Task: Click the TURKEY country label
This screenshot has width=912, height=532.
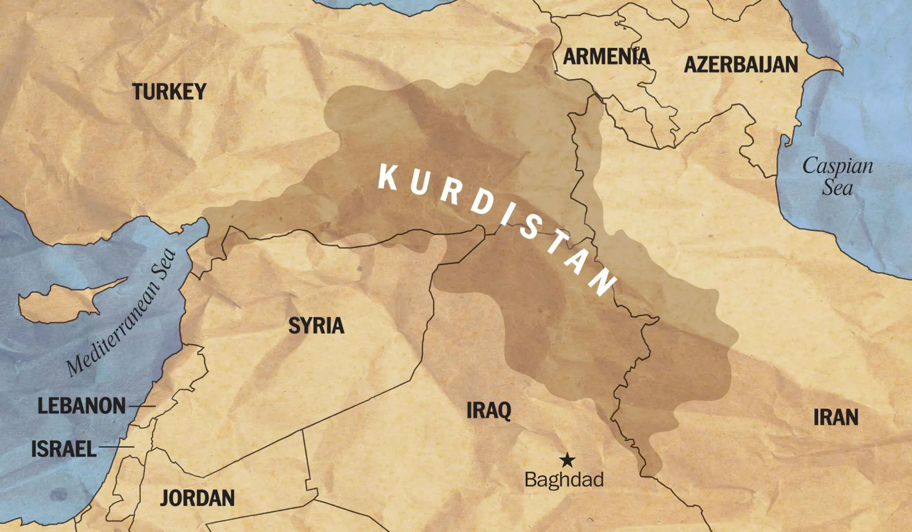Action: pyautogui.click(x=169, y=92)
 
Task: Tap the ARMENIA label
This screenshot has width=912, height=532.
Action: pyautogui.click(x=606, y=57)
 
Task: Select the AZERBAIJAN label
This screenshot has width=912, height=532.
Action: pyautogui.click(x=741, y=64)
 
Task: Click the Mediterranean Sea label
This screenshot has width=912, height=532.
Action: pyautogui.click(x=121, y=313)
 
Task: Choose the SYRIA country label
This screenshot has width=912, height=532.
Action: pyautogui.click(x=316, y=326)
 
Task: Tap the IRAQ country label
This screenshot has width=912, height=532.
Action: pyautogui.click(x=489, y=411)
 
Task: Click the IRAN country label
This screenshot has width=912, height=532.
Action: pyautogui.click(x=836, y=417)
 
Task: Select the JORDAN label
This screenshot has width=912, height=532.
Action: pyautogui.click(x=197, y=498)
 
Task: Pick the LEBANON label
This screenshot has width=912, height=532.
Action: pyautogui.click(x=81, y=406)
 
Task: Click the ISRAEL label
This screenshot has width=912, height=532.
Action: pyautogui.click(x=64, y=449)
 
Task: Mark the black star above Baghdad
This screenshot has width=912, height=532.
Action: pyautogui.click(x=567, y=460)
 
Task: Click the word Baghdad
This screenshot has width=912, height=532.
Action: pyautogui.click(x=564, y=480)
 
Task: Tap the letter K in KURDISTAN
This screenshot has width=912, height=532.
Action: pyautogui.click(x=388, y=177)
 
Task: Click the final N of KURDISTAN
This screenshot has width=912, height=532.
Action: pyautogui.click(x=603, y=283)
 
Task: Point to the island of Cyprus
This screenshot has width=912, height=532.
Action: pyautogui.click(x=64, y=301)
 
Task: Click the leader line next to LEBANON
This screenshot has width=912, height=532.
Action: pyautogui.click(x=142, y=406)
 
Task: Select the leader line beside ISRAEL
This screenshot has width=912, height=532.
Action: pyautogui.click(x=116, y=447)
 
